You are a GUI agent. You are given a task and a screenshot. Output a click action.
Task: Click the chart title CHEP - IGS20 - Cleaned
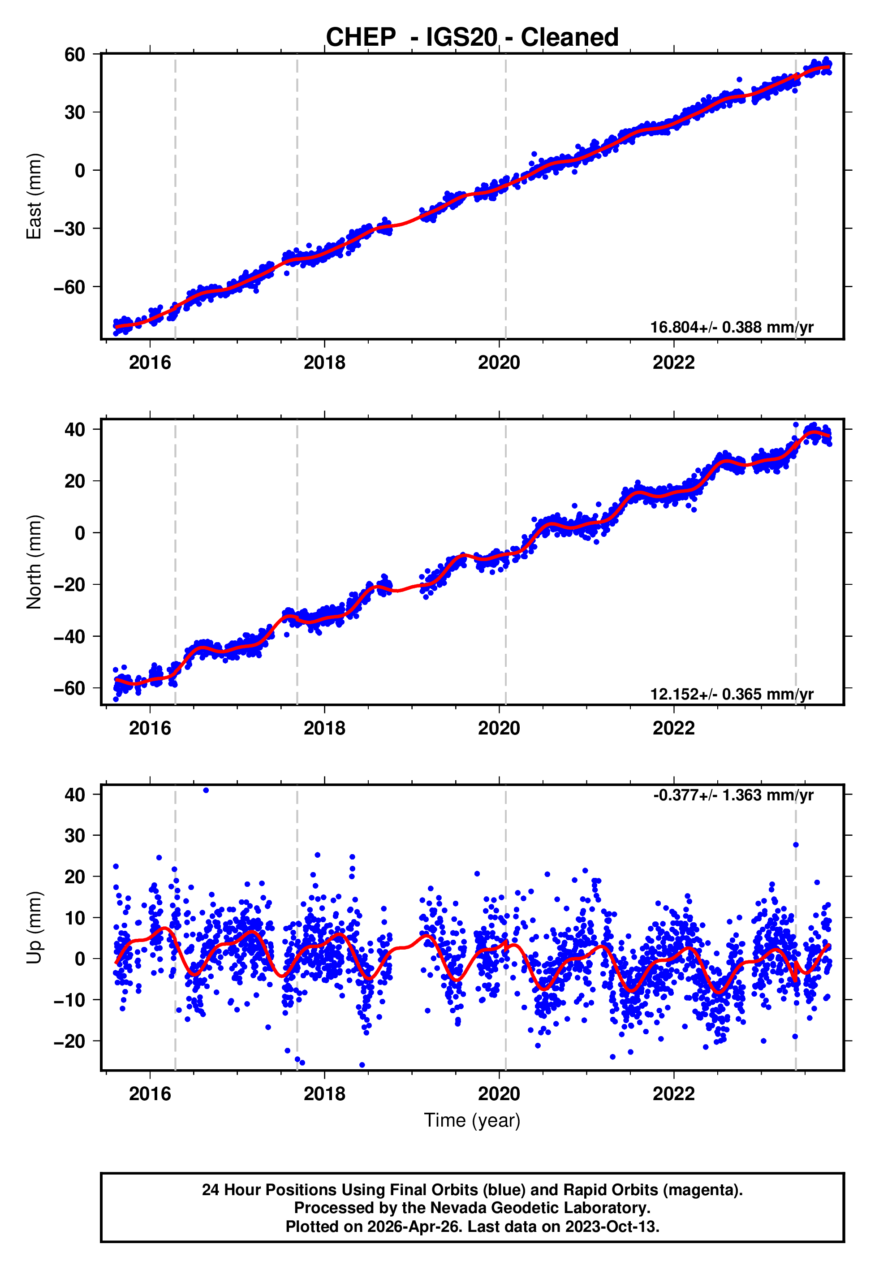click(472, 38)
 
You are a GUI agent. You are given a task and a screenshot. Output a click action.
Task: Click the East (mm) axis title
click(34, 196)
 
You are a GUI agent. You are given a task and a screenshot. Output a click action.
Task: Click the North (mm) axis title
click(34, 562)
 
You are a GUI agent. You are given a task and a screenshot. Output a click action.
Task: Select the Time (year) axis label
click(472, 1120)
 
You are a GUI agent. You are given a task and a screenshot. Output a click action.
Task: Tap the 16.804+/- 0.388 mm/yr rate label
click(732, 327)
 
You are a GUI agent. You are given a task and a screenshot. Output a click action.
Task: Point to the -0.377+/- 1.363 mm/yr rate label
click(733, 795)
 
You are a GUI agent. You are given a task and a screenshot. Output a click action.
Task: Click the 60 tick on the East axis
click(75, 55)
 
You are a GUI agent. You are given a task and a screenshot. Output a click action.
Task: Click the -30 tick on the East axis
click(69, 229)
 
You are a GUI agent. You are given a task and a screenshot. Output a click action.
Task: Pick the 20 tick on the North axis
click(75, 481)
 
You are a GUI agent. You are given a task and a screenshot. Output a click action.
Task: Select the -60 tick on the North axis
click(69, 688)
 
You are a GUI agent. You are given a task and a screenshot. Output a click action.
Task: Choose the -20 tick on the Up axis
click(69, 1041)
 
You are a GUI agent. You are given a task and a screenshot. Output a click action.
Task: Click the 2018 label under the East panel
click(324, 363)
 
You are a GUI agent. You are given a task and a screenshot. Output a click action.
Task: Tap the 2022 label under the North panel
click(673, 729)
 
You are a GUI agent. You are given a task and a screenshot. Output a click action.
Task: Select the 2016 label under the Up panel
click(150, 1094)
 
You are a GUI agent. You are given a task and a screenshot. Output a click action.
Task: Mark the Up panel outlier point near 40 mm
click(206, 791)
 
